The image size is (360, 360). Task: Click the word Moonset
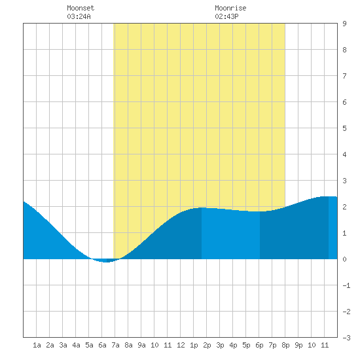click(81, 8)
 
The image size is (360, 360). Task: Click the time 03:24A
click(79, 16)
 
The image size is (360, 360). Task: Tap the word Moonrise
click(230, 8)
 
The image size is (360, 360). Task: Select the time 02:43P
click(226, 16)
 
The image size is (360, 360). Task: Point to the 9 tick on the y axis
click(344, 24)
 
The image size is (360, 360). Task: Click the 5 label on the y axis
click(344, 128)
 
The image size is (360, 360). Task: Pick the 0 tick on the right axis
click(344, 259)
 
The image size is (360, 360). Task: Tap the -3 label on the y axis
click(346, 338)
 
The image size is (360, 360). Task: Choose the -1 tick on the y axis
click(346, 285)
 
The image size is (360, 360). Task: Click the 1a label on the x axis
click(37, 345)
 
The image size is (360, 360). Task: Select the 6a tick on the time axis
click(102, 345)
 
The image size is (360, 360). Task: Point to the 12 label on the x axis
click(181, 345)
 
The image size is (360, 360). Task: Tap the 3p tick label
click(220, 345)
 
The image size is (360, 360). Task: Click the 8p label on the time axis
click(285, 345)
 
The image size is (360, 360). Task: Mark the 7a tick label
click(115, 345)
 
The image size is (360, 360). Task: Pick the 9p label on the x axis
click(298, 345)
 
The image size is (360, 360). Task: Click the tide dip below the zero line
click(105, 261)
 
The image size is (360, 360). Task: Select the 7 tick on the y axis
click(344, 76)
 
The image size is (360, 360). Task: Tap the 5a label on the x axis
click(89, 345)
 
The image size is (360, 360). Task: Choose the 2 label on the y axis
click(344, 207)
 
